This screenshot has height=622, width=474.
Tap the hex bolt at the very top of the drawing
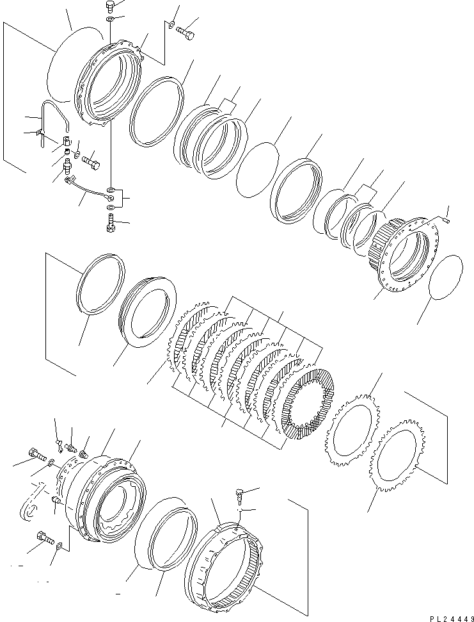tap(109, 7)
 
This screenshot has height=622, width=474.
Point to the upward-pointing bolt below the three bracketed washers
tap(111, 223)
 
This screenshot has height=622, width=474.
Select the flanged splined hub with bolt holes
tap(403, 252)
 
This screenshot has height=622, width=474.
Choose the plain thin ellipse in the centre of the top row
tap(257, 169)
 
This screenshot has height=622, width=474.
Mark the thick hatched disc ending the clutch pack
tap(309, 404)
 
